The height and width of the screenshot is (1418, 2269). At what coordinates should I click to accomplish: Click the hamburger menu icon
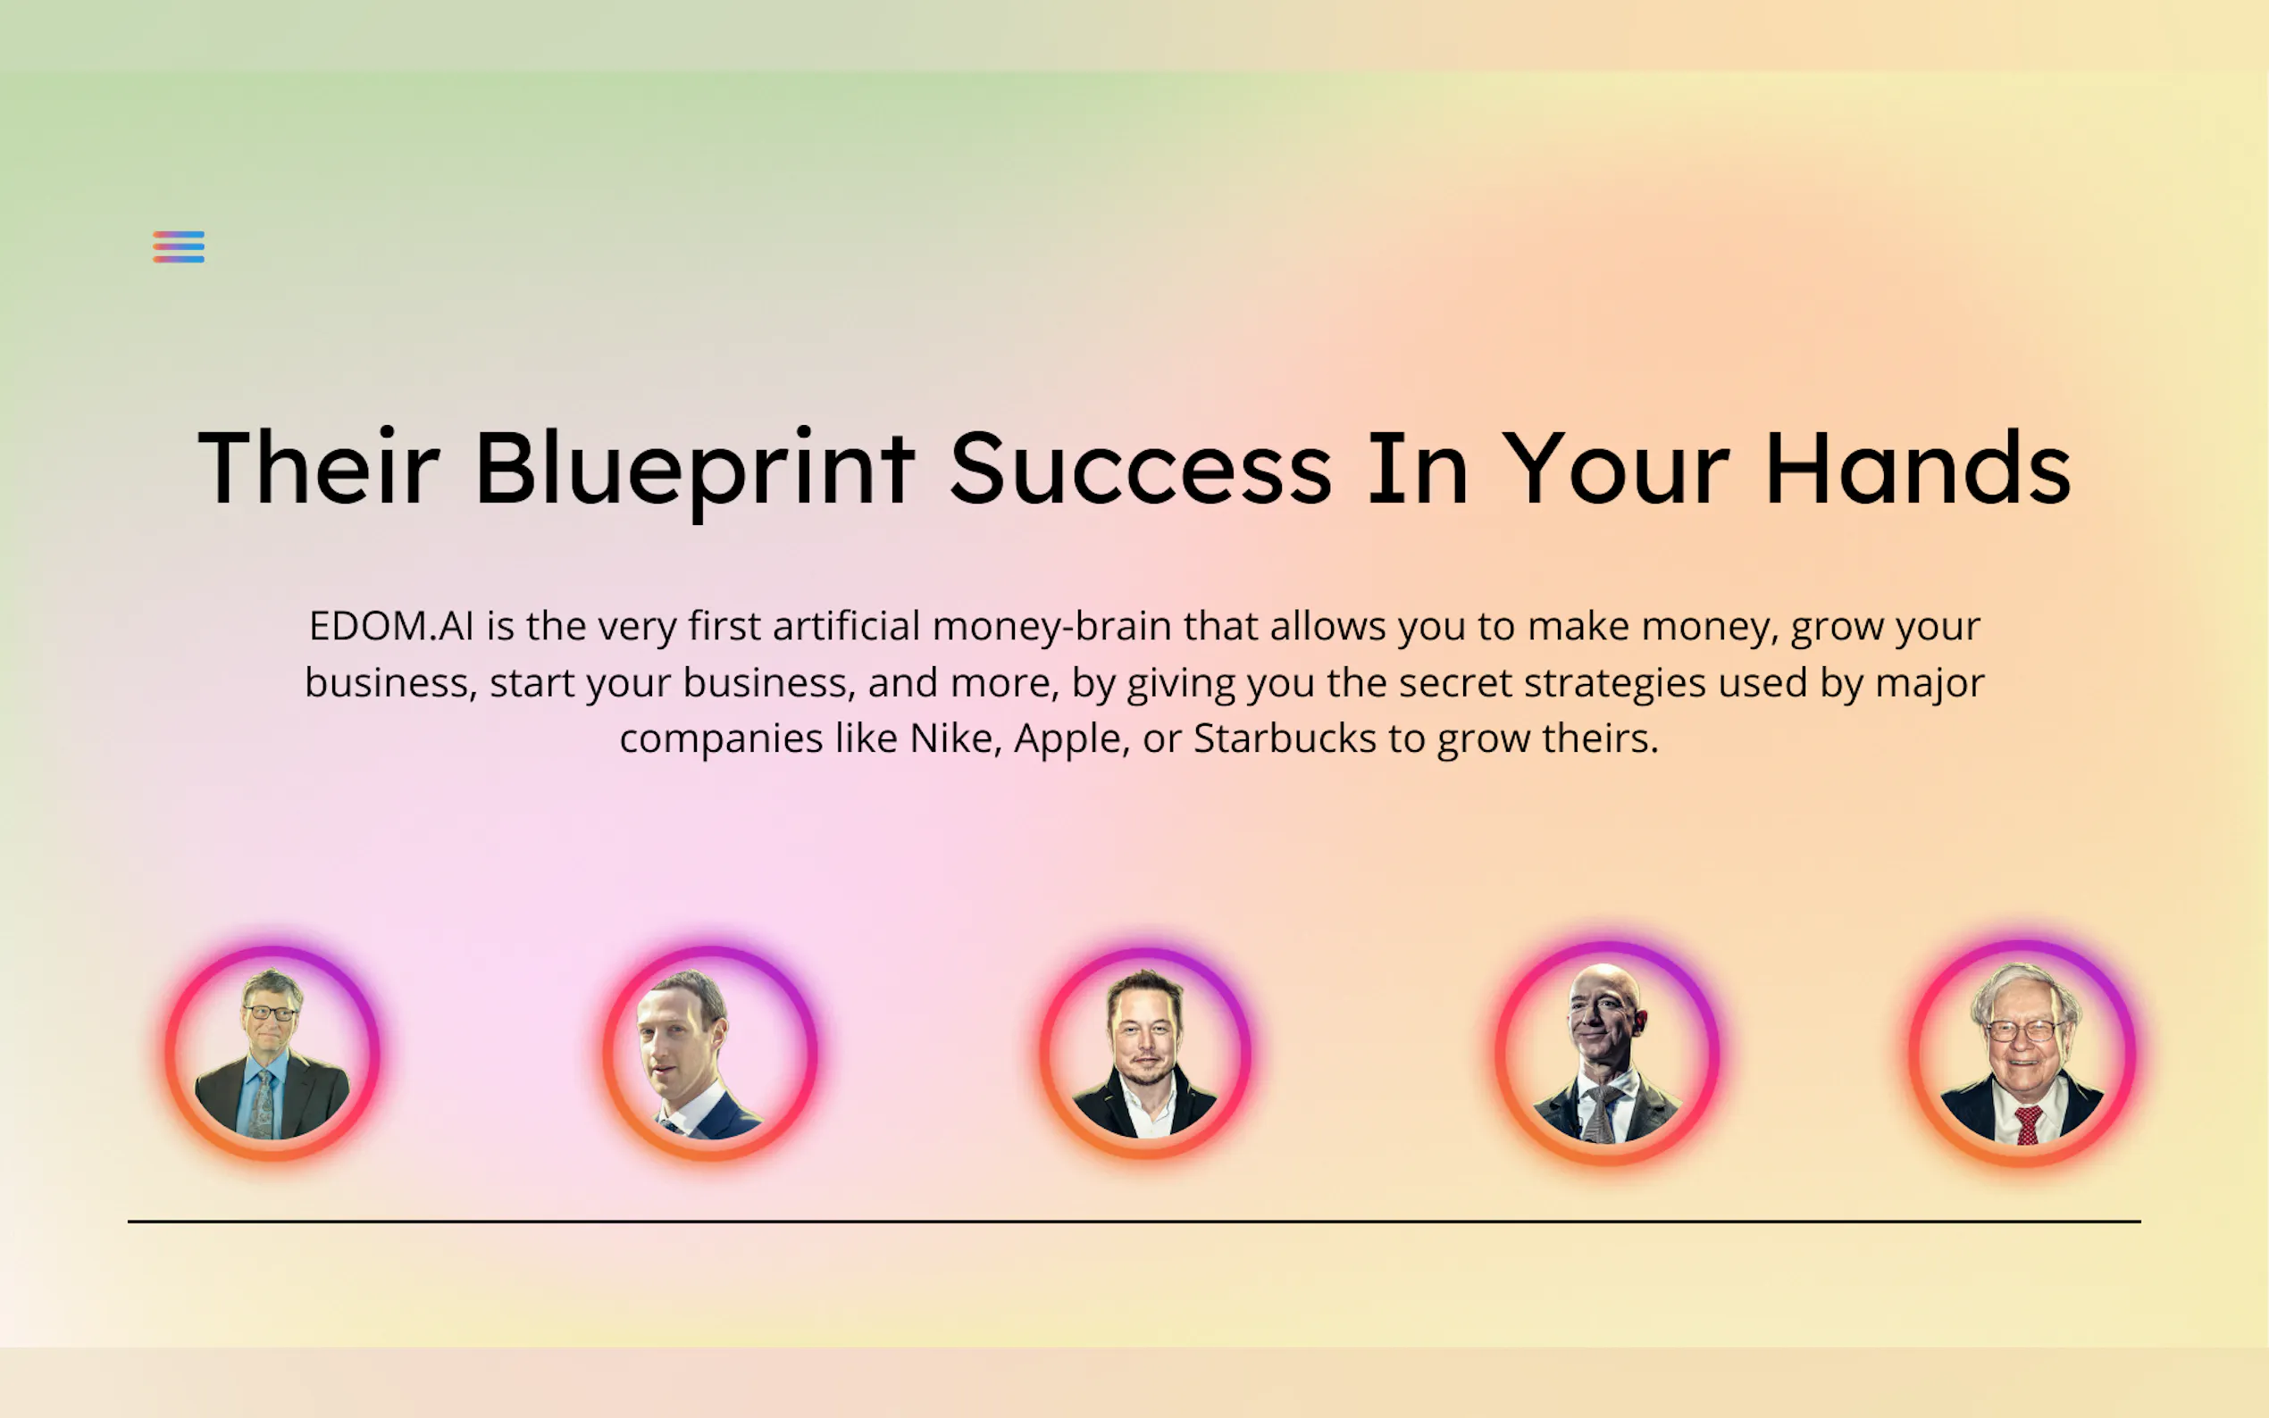click(x=179, y=246)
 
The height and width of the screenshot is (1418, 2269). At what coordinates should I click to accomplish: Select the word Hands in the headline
click(x=1918, y=467)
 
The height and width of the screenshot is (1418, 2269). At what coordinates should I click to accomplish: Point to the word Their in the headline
click(x=319, y=466)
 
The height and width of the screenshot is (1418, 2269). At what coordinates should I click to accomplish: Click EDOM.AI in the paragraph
click(x=391, y=626)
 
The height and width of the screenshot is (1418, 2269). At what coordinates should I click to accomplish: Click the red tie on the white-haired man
click(x=2028, y=1124)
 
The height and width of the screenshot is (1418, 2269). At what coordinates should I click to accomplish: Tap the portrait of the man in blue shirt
click(x=273, y=1053)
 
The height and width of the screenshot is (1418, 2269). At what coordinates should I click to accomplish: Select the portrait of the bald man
click(x=1607, y=1052)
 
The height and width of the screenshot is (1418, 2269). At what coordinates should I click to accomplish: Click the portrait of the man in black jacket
click(x=1145, y=1053)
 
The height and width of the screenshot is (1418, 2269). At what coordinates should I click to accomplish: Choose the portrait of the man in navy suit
click(x=710, y=1053)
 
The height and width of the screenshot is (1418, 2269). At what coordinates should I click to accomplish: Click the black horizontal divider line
click(x=1134, y=1221)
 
